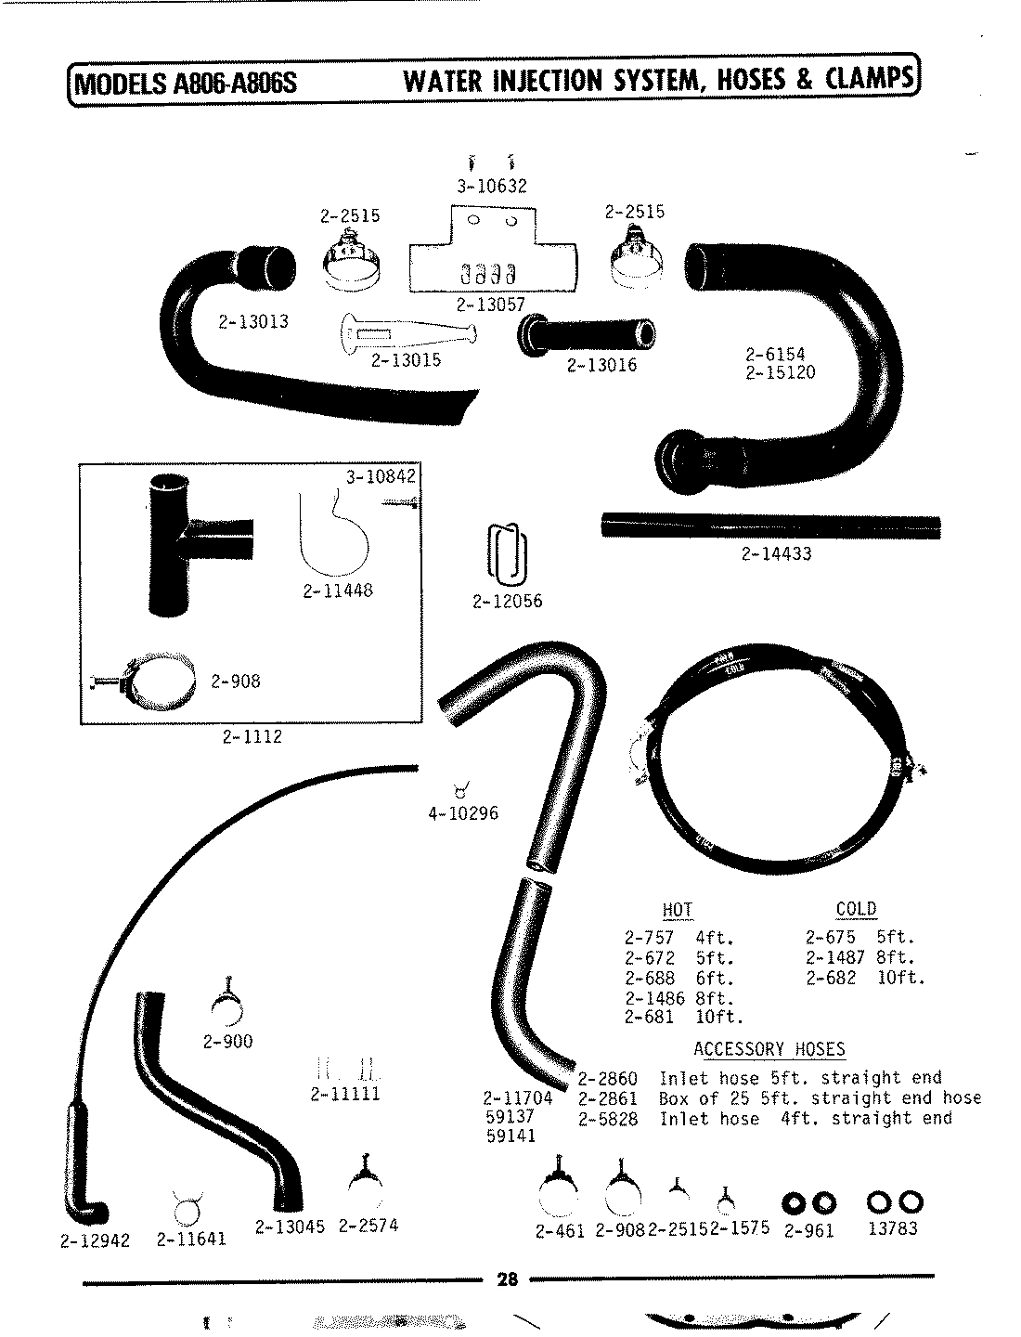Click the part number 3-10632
tap(491, 186)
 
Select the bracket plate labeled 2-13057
tap(492, 255)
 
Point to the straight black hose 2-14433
tap(769, 526)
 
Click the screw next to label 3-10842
tap(396, 502)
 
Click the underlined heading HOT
tap(678, 910)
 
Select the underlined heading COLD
tap(856, 909)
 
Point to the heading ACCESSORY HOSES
tap(769, 1049)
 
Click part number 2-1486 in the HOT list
tap(654, 998)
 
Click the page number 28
tap(507, 1279)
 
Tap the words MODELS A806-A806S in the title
tap(186, 83)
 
